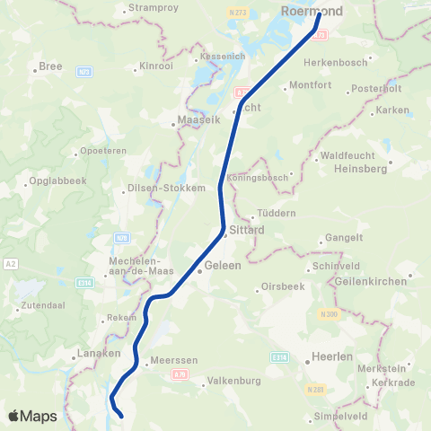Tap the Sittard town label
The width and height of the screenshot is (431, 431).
pos(246,230)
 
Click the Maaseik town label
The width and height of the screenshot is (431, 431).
pos(193,118)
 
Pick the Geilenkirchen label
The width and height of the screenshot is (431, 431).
pos(369,280)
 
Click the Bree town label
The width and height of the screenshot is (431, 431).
pos(49,66)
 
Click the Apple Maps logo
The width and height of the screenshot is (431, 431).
pos(32,416)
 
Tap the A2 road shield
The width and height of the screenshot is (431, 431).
pos(10,263)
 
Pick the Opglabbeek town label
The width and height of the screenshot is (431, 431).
pos(58,185)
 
